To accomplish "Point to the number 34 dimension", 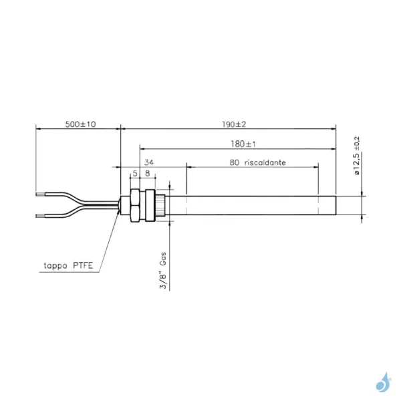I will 148,162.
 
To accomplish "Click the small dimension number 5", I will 135,173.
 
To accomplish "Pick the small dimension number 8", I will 147,173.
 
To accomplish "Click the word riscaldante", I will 265,162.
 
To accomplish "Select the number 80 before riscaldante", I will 234,162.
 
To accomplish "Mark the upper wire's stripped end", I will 41,194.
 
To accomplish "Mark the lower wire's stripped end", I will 41,215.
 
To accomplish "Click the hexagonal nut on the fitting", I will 134,205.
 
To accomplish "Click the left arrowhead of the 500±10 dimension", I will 38,129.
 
